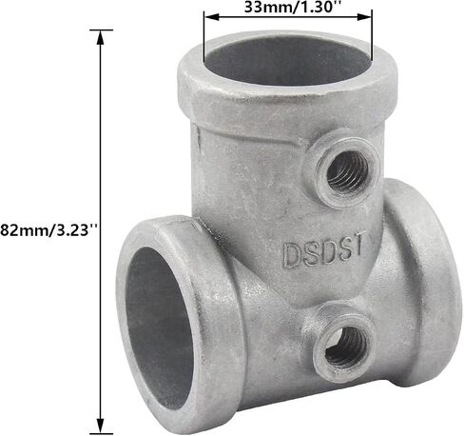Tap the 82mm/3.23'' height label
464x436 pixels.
click(x=48, y=229)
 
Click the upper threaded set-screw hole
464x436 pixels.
click(x=347, y=171)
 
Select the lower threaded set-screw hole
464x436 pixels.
click(x=346, y=347)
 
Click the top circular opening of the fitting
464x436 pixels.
click(x=287, y=60)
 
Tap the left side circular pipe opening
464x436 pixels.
click(x=159, y=327)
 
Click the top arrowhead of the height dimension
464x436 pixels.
click(x=101, y=38)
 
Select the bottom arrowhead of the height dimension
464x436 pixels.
click(x=101, y=426)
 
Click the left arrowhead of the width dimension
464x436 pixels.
click(x=212, y=17)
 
